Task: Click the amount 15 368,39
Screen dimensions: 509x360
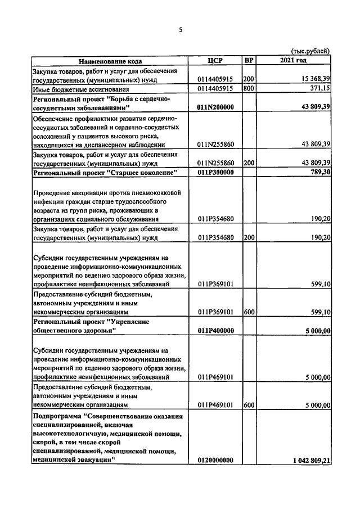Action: (309, 80)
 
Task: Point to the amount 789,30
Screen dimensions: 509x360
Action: (318, 172)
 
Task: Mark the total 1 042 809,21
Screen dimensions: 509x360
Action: (311, 460)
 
